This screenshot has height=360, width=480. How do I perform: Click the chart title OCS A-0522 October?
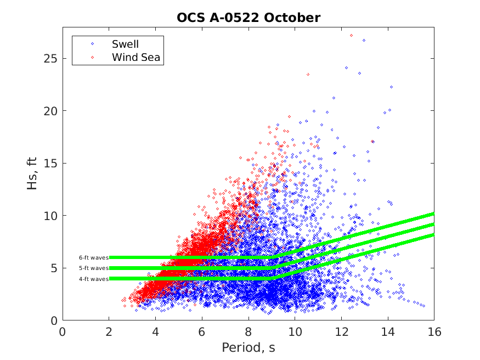point(248,18)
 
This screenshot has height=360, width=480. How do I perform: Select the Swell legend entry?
point(125,44)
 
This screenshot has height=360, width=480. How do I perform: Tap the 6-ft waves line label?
point(93,257)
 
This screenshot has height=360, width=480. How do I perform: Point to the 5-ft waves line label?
point(93,268)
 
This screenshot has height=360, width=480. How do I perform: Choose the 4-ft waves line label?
point(93,279)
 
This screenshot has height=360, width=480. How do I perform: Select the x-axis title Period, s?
point(248,348)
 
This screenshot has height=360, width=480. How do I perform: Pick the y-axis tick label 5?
point(54,268)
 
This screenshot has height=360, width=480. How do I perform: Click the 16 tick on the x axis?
point(433,331)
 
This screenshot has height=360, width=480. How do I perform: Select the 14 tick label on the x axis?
point(387,331)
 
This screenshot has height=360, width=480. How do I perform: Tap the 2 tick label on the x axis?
point(109,331)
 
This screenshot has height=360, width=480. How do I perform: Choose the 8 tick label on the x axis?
point(249,331)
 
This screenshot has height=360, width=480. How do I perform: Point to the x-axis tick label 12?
point(341,331)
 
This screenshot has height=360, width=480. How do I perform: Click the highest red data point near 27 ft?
point(351,35)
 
